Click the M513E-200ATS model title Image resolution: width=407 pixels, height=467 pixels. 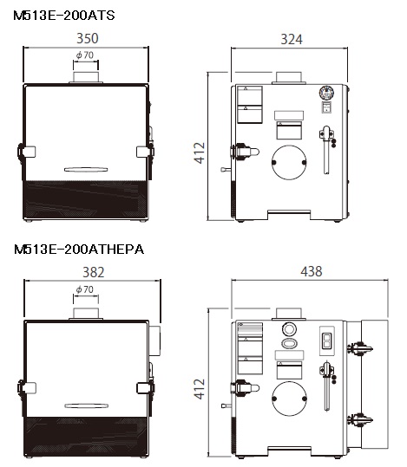pyautogui.click(x=64, y=16)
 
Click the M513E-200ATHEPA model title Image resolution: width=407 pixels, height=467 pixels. pyautogui.click(x=79, y=250)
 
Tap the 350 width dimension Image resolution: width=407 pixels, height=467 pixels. pyautogui.click(x=87, y=38)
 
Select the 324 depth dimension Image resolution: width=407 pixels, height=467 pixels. pyautogui.click(x=292, y=39)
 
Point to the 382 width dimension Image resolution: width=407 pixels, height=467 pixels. pyautogui.click(x=94, y=273)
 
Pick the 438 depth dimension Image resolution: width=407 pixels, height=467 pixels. pyautogui.click(x=312, y=272)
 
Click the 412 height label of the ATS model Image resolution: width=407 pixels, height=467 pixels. pyautogui.click(x=200, y=152)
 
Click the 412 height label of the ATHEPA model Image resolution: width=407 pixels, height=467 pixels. pyautogui.click(x=199, y=389)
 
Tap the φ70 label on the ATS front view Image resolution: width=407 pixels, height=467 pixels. pyautogui.click(x=85, y=55)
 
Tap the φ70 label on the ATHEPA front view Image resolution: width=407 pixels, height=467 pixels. pyautogui.click(x=85, y=289)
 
